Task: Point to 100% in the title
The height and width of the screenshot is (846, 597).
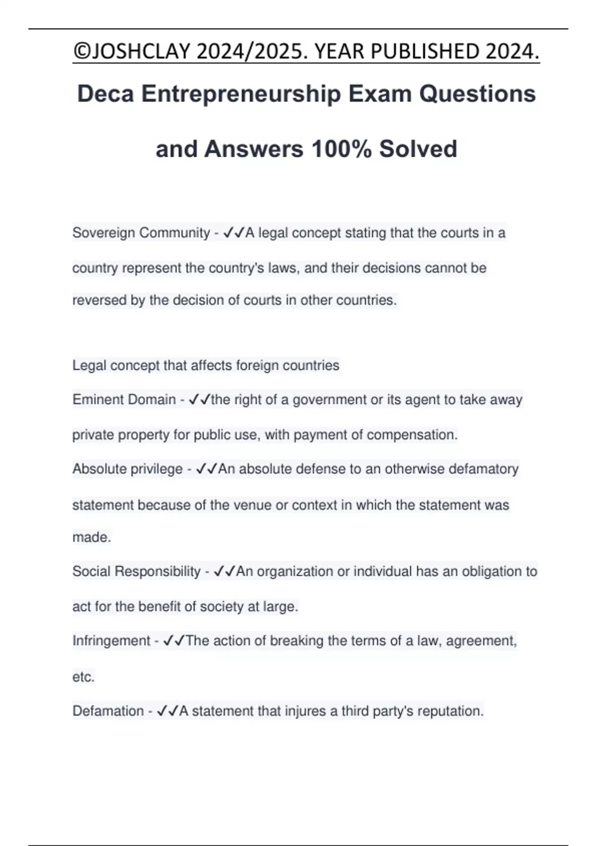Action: coord(341,149)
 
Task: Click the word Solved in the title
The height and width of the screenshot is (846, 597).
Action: coord(418,149)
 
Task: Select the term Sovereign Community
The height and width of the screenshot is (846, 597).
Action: coord(141,233)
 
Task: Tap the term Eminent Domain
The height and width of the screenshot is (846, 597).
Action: coord(124,400)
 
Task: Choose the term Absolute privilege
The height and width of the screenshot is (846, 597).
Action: coord(127,469)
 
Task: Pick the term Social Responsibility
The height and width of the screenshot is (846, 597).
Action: coord(136,571)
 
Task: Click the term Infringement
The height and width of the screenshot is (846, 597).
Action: coord(111,640)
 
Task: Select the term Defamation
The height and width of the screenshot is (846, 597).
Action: coord(108,711)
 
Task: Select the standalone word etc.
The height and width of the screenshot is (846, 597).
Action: coord(83,677)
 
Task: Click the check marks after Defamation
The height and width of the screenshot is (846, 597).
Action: coord(168,711)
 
